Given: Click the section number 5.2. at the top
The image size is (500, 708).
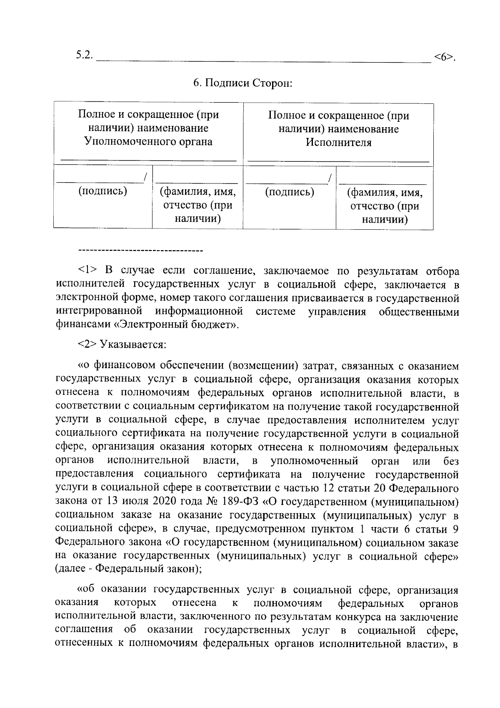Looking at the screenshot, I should click(x=85, y=55).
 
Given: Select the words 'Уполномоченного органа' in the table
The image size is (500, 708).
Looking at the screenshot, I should click(x=148, y=142).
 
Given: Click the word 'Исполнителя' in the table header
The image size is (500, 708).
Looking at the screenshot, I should click(x=338, y=143).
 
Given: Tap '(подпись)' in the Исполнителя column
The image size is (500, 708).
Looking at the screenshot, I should click(x=290, y=192).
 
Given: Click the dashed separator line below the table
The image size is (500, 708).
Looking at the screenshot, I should click(x=140, y=251).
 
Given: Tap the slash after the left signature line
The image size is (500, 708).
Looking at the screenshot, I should click(x=145, y=178).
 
